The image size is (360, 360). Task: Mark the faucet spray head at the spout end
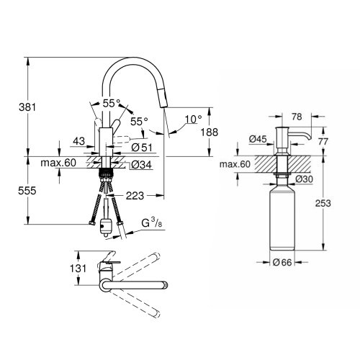(164, 116)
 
